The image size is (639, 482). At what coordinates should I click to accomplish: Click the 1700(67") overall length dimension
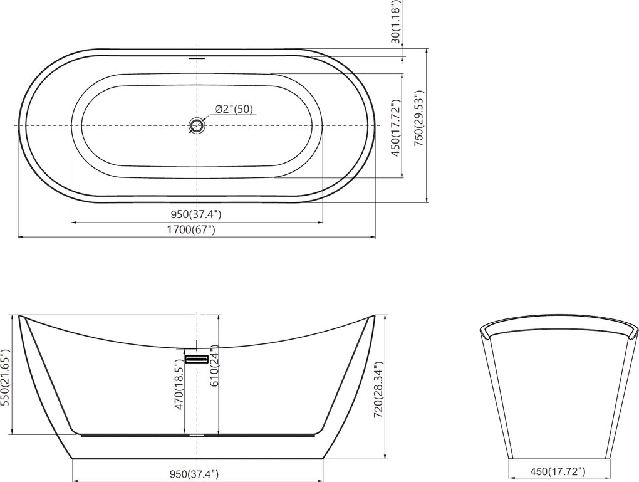191,230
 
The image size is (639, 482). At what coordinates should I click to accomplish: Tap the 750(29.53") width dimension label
420,118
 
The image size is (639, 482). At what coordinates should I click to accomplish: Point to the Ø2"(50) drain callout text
234,109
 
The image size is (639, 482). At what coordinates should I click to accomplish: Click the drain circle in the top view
197,125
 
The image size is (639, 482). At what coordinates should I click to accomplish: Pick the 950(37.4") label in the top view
197,214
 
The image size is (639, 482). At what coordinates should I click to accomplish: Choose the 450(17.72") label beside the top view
395,127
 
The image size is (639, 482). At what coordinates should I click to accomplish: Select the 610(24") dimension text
215,365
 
